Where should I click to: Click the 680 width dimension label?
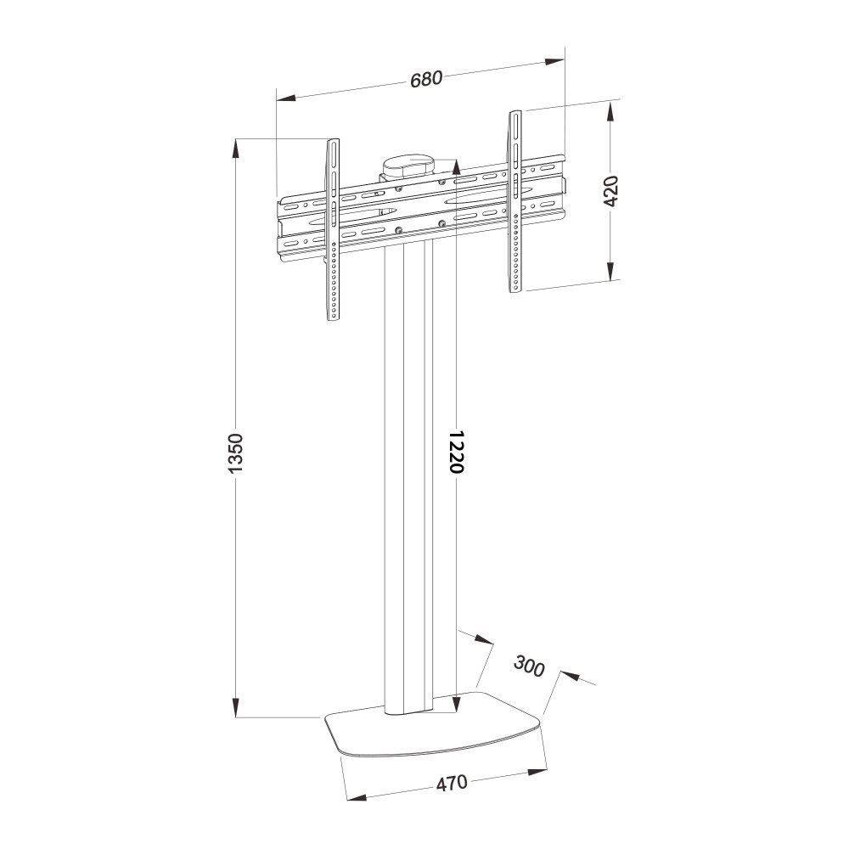[426, 79]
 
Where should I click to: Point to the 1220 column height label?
[456, 452]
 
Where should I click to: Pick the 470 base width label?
[452, 782]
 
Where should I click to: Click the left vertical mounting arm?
[334, 229]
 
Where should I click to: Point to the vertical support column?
[409, 475]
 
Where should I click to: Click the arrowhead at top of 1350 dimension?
[236, 149]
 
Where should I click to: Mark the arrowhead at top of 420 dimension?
[612, 111]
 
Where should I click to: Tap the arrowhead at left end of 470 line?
[355, 796]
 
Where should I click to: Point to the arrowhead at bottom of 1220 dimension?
[456, 701]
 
